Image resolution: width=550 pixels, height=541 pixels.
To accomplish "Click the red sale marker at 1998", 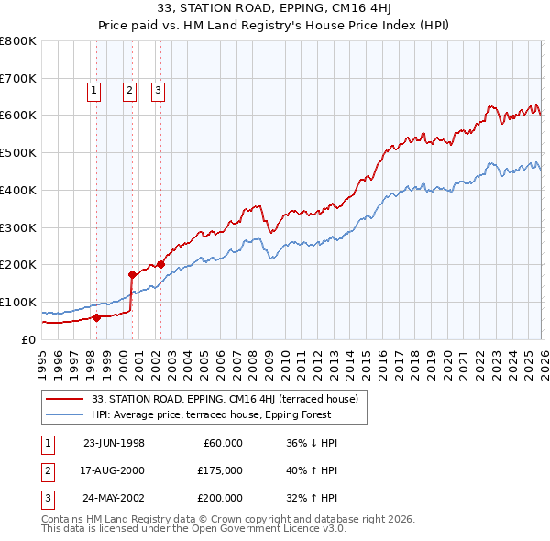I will click(96, 317).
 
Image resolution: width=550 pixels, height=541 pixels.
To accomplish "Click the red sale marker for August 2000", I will click(132, 273).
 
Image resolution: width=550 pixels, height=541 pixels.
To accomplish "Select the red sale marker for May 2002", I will click(160, 264).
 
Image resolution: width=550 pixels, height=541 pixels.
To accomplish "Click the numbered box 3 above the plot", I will click(159, 90).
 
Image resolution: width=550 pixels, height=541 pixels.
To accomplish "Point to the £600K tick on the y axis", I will click(18, 116).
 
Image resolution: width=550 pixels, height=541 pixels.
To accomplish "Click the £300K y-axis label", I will click(18, 227).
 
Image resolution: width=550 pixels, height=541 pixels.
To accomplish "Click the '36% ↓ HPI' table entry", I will click(312, 443).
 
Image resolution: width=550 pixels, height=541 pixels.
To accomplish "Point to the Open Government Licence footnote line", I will click(193, 529).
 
